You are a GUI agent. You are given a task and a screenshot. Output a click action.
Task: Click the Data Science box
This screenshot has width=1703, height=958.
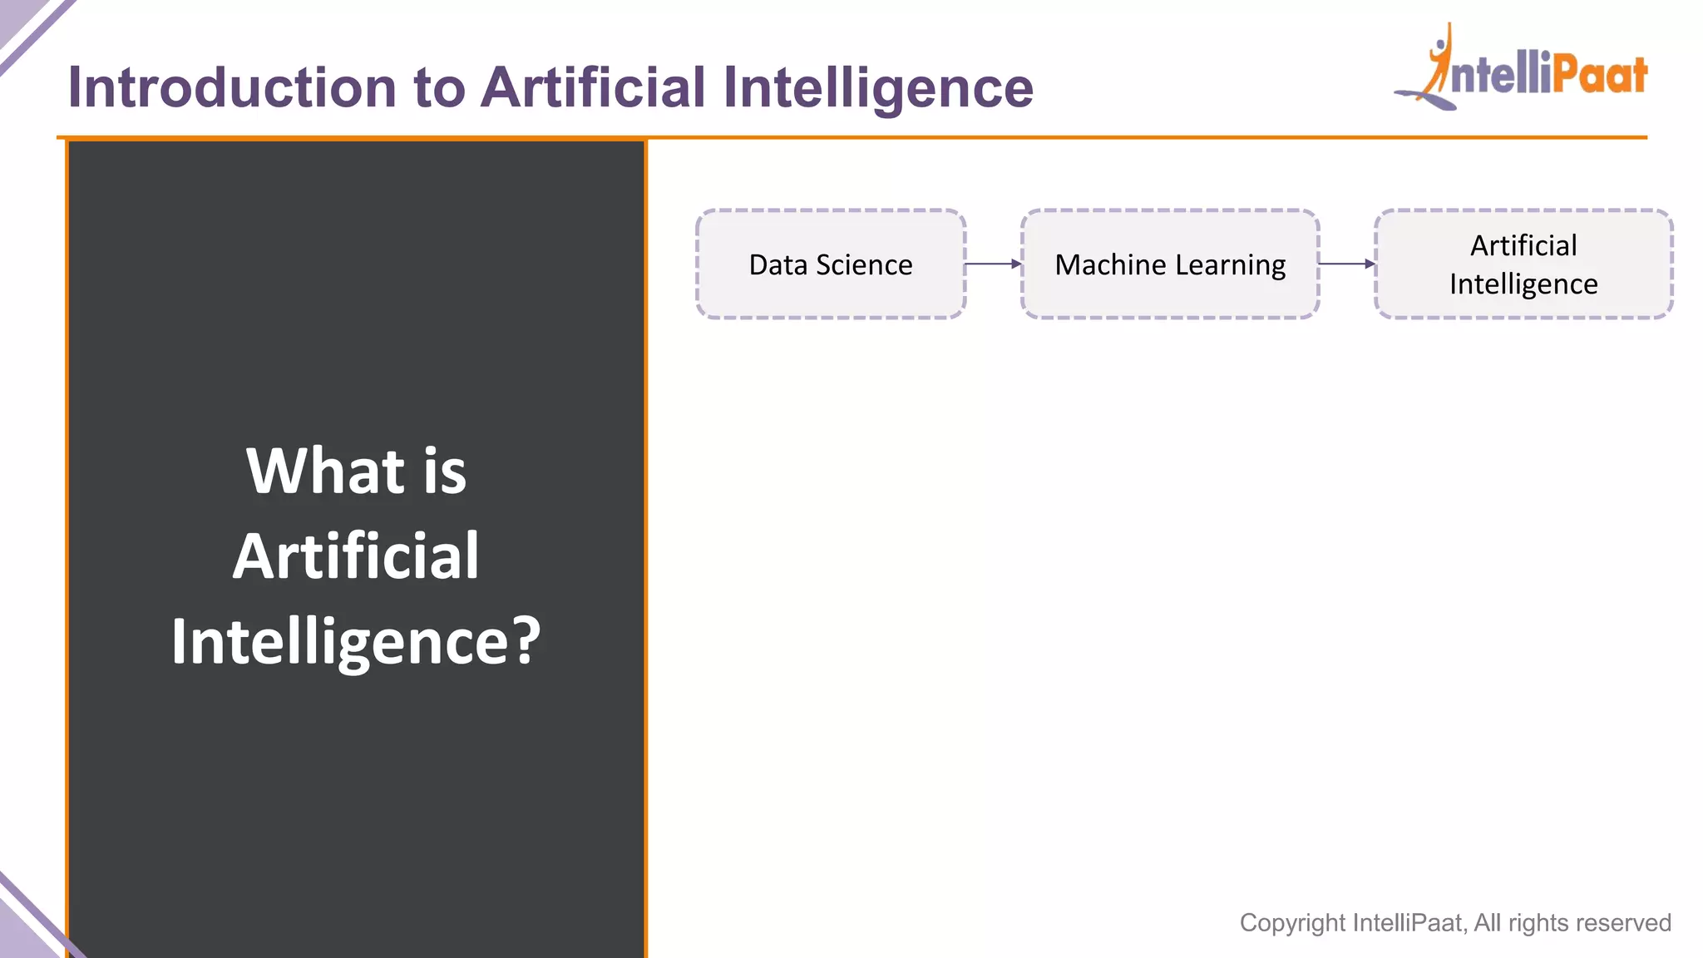click(830, 264)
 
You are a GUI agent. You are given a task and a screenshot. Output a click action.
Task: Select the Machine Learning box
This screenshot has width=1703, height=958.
click(1169, 264)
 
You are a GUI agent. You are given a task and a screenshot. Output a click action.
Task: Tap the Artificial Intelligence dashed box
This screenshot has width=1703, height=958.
click(1523, 264)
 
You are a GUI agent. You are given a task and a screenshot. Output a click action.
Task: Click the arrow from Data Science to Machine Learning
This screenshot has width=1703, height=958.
click(993, 264)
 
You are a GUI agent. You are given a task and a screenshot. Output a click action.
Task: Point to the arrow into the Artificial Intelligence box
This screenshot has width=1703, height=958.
click(1347, 264)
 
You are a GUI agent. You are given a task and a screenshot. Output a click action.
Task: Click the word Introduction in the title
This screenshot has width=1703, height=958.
click(231, 87)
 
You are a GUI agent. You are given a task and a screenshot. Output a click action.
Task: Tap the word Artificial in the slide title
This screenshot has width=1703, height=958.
click(593, 87)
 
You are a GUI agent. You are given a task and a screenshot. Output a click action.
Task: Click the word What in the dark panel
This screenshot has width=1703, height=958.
click(324, 471)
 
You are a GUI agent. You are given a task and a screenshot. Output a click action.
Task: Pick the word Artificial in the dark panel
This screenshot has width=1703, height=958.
click(356, 556)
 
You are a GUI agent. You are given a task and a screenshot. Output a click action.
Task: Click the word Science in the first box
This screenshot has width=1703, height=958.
click(864, 264)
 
